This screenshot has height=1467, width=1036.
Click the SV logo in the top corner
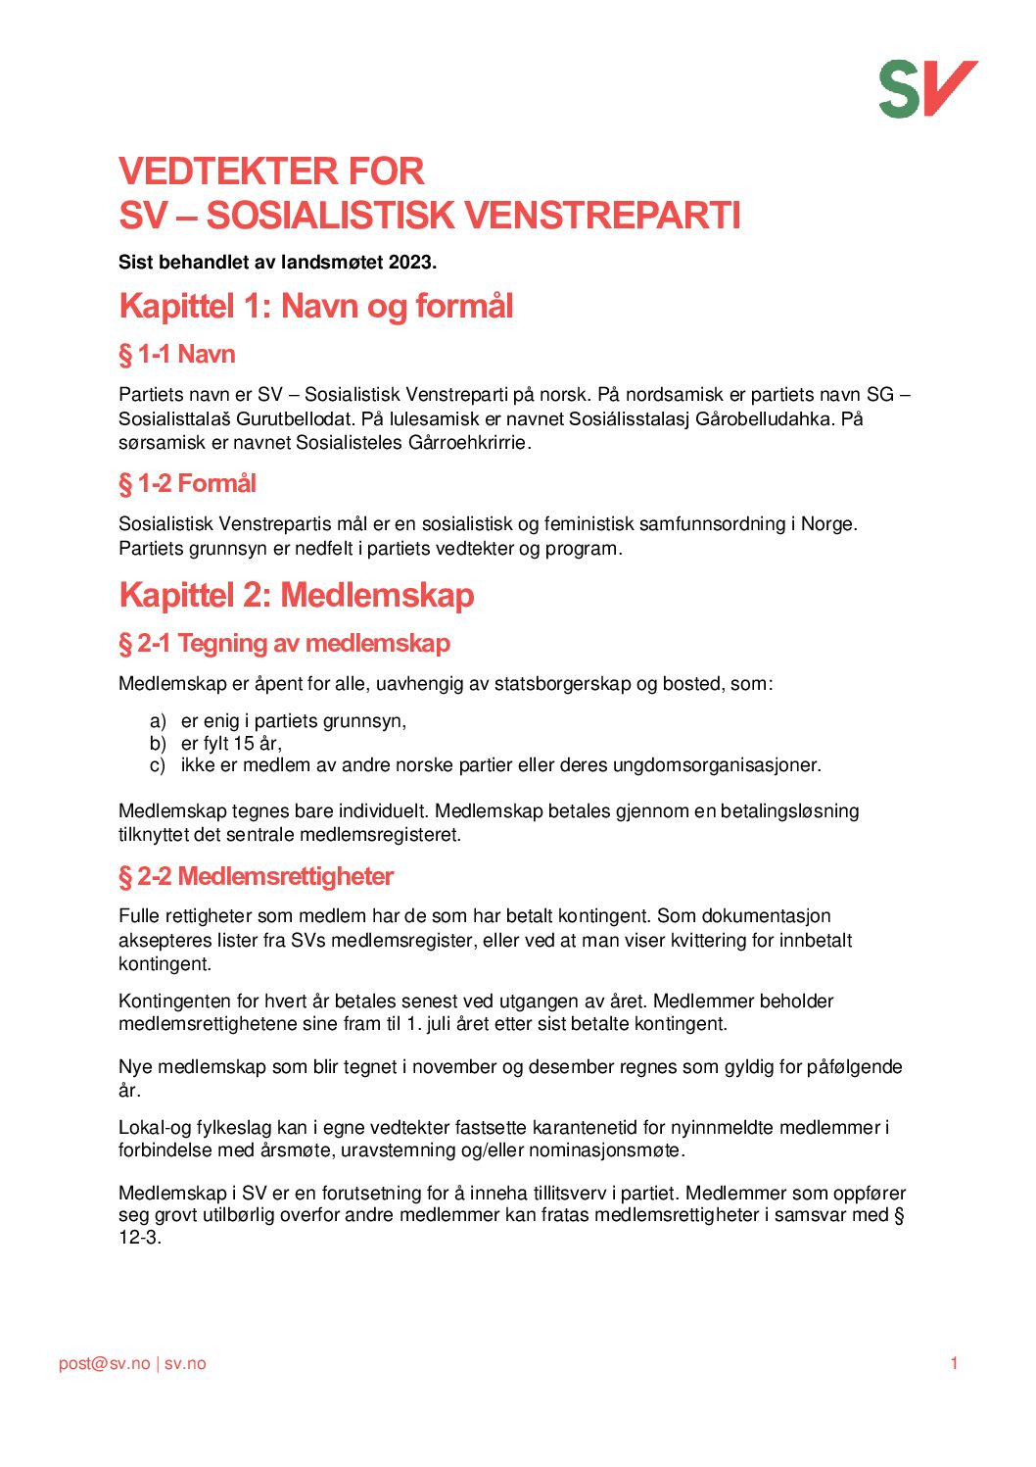(927, 88)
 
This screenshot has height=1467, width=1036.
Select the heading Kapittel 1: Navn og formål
(315, 306)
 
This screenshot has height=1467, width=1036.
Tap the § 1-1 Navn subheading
(177, 354)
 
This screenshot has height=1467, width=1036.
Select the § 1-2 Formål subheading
(187, 483)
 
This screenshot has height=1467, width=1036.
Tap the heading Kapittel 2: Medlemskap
(296, 595)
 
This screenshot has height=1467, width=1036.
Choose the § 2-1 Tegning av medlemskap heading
(284, 643)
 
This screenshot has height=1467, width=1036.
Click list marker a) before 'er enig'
(158, 721)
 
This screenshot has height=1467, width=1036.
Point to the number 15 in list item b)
(244, 743)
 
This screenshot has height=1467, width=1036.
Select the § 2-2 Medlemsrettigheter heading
(256, 876)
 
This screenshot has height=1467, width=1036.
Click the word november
(454, 1066)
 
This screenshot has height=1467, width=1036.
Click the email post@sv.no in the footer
(105, 1363)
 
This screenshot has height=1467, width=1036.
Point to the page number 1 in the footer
(954, 1363)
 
